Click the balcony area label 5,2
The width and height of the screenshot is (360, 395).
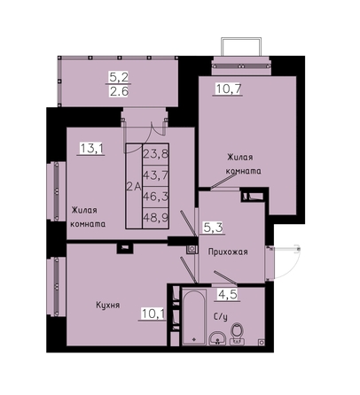point(119,77)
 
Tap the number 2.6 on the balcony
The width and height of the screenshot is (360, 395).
point(119,91)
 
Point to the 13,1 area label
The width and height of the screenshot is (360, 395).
point(91,149)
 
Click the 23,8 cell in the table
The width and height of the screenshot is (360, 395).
point(156,154)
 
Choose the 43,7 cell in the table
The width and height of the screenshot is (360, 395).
point(156,175)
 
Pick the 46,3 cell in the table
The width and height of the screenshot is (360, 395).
point(156,197)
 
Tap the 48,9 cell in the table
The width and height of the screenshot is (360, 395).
point(156,218)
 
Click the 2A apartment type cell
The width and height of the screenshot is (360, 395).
point(134,186)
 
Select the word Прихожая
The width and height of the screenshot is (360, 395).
point(228,252)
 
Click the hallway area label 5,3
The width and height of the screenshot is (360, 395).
point(213,228)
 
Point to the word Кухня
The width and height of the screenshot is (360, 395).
point(108,305)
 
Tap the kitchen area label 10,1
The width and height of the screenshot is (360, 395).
point(153,314)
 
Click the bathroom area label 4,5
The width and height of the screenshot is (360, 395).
point(228,295)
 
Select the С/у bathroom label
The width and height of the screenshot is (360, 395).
point(221,317)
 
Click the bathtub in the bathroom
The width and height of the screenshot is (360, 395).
point(194,317)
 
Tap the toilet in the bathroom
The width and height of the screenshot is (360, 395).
point(237,334)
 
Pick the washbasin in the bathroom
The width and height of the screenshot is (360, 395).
point(217,338)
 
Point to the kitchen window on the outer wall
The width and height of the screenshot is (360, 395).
point(56,286)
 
